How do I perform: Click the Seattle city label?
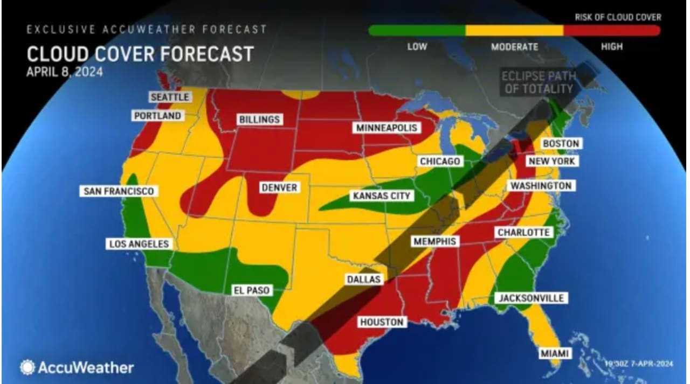(170, 97)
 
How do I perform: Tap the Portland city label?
(157, 116)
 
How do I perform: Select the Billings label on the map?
(259, 120)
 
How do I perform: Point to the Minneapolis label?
(387, 128)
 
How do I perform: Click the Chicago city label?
(440, 162)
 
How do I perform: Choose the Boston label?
(561, 144)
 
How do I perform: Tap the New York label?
(551, 161)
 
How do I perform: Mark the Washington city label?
(541, 186)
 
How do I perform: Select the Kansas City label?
(382, 196)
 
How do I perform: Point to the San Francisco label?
(119, 191)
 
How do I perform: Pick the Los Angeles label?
(139, 244)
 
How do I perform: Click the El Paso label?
(251, 290)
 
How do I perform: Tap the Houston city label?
(382, 322)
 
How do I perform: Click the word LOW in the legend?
(417, 47)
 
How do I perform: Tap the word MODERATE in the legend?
(514, 47)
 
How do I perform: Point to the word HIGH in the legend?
(611, 47)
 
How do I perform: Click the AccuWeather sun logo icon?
(27, 367)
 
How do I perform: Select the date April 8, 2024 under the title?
(64, 72)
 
